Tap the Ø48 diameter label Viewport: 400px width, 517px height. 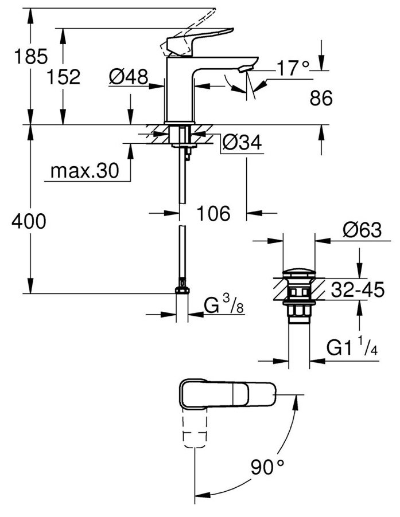point(129,76)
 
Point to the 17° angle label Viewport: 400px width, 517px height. point(293,69)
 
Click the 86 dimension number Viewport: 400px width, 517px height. point(321,99)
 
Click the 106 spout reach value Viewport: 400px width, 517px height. point(213,214)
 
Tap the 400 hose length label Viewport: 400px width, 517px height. point(28,221)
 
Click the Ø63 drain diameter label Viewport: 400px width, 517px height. point(362,230)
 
